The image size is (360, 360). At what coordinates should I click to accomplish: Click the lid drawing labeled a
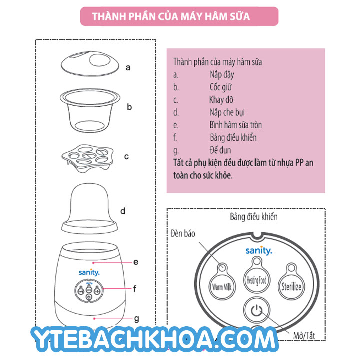(90, 63)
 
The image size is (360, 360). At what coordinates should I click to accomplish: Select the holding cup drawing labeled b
(90, 110)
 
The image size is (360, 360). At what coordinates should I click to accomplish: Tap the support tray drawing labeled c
(88, 158)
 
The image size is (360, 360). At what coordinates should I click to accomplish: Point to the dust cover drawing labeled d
(89, 208)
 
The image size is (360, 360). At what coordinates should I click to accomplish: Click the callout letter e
(136, 262)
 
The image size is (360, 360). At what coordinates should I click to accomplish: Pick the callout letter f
(135, 289)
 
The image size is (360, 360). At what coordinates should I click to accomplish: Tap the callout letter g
(136, 319)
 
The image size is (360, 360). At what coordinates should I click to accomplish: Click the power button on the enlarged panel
(256, 310)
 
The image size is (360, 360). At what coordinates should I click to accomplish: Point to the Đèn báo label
(183, 233)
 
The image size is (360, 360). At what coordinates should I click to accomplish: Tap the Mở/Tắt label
(304, 336)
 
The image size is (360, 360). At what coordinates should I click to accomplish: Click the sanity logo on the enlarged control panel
(259, 250)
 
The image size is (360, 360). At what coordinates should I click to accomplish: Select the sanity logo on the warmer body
(89, 272)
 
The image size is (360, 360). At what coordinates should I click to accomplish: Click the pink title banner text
(171, 16)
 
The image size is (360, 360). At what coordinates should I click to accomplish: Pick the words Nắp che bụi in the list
(227, 112)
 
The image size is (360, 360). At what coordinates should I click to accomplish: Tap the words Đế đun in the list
(220, 150)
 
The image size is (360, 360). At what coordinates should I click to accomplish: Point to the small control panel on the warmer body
(89, 290)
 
